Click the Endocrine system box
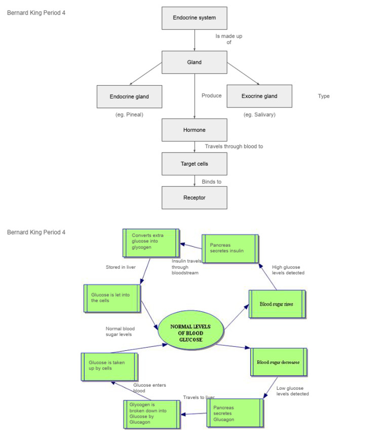tap(194, 18)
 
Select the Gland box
tap(194, 62)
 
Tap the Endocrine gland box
tap(129, 96)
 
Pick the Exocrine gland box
tap(259, 96)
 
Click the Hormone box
tap(194, 130)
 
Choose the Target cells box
tap(194, 164)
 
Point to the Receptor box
tap(194, 198)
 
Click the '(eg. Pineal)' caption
tap(129, 115)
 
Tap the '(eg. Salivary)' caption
tap(259, 115)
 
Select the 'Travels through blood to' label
tap(234, 147)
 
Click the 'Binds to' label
tap(211, 181)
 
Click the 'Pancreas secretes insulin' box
tap(230, 248)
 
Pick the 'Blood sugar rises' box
tap(277, 304)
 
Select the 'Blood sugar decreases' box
tap(279, 362)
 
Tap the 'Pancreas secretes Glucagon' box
tap(236, 413)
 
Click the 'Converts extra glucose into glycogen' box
tap(151, 242)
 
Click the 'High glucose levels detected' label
tap(288, 270)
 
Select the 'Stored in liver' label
tap(121, 267)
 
